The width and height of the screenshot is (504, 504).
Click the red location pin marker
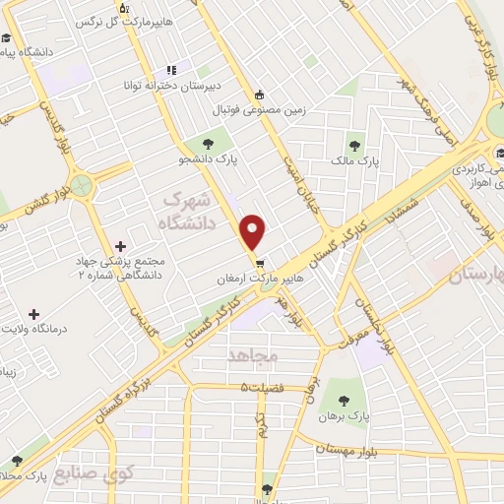(x=254, y=232)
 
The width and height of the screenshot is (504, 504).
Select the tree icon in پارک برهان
(x=344, y=401)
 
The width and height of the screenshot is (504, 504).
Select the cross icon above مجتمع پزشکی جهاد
(x=120, y=246)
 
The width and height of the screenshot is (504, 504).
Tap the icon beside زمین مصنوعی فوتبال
(x=259, y=95)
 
